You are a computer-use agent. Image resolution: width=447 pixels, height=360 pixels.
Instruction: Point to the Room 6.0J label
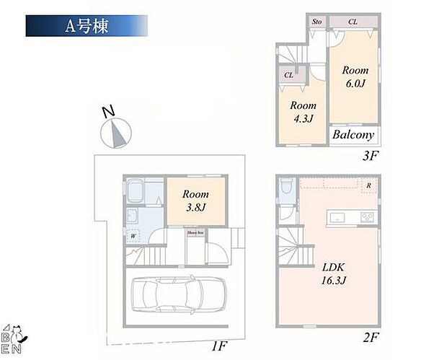[x=355, y=77]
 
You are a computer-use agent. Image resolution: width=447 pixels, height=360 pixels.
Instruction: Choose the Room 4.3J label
[x=303, y=113]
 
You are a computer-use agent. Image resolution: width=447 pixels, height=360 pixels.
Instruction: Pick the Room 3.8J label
[x=195, y=201]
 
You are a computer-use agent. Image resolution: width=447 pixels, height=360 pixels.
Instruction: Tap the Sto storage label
[x=317, y=22]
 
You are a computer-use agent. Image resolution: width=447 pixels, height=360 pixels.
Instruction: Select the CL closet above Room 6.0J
[x=353, y=22]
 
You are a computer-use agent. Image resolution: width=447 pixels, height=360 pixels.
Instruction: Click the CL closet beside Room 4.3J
[x=288, y=75]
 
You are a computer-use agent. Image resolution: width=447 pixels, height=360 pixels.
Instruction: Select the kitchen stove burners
[x=366, y=217]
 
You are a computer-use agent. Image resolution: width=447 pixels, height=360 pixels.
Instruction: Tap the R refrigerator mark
[x=369, y=185]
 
